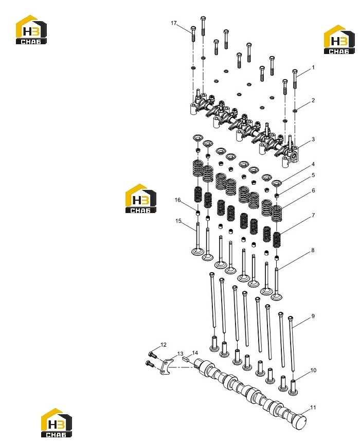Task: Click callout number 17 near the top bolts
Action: tap(174, 23)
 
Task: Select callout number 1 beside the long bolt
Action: tap(313, 67)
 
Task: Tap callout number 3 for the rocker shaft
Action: tap(313, 139)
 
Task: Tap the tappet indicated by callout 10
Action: tap(293, 387)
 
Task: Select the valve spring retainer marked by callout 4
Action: tap(277, 183)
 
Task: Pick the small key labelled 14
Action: tap(186, 359)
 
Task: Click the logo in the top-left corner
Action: tap(31, 29)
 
